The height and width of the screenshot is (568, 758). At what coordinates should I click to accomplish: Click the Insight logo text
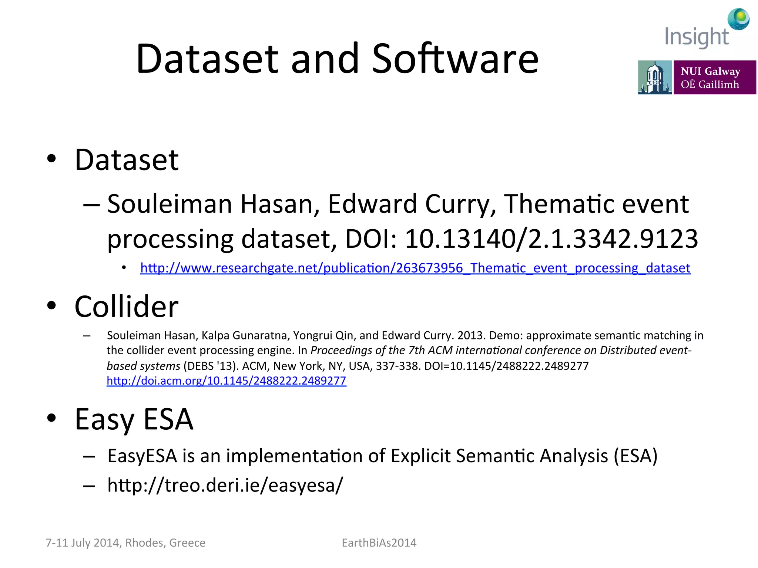[x=697, y=37]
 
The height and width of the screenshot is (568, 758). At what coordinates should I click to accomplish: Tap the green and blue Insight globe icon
[x=739, y=18]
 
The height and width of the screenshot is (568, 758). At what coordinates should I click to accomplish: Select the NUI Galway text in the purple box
[x=710, y=71]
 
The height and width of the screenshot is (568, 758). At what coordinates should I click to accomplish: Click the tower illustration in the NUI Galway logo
[x=654, y=77]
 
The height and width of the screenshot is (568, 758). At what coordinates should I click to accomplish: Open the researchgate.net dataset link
[x=415, y=268]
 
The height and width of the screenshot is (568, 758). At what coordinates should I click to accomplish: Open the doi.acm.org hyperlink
[x=226, y=381]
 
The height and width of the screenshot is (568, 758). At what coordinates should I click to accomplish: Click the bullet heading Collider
[x=127, y=307]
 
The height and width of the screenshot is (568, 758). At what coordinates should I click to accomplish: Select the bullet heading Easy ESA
[x=134, y=419]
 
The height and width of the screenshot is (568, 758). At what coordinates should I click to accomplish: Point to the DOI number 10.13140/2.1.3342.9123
[x=551, y=239]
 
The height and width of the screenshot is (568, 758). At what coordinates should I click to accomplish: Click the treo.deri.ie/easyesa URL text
[x=225, y=485]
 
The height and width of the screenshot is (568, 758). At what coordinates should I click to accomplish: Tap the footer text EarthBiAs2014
[x=379, y=542]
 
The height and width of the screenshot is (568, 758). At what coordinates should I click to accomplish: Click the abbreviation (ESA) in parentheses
[x=635, y=456]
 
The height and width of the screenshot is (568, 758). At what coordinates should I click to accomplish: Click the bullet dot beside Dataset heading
[x=51, y=159]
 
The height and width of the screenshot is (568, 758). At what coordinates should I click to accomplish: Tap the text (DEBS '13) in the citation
[x=210, y=366]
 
